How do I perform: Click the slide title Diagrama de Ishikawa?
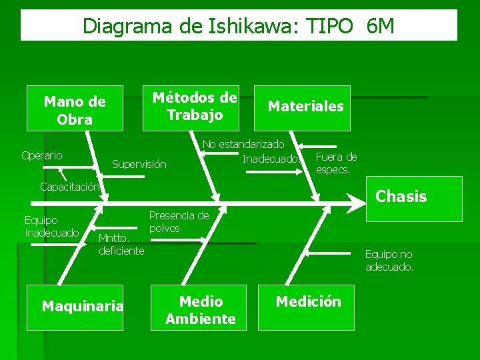coord(193,26)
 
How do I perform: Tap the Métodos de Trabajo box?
coord(194,106)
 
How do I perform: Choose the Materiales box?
coord(305,106)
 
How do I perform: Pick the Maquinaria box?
coord(83,306)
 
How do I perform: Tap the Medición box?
coord(308,302)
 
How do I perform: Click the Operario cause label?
coord(42,155)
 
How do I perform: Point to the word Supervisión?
coord(139,164)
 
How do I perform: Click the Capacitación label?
coord(69,187)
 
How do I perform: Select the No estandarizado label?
coord(243,144)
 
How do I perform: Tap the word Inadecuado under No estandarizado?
coord(269,159)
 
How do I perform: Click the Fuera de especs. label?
coord(335,163)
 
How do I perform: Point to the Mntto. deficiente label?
coord(121,244)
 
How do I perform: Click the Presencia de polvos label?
coord(179,221)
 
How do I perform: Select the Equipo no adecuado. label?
coord(389,260)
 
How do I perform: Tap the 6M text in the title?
coord(380,26)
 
